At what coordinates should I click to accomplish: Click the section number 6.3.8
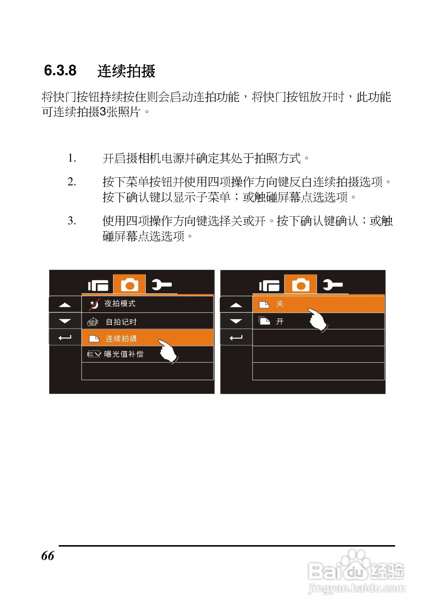tap(60, 70)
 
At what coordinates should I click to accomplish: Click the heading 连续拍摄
tap(126, 71)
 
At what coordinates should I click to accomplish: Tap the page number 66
tap(47, 556)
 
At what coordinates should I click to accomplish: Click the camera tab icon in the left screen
tap(129, 285)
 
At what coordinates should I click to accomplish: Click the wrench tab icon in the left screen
tap(161, 285)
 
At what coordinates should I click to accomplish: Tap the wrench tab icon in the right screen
tap(332, 285)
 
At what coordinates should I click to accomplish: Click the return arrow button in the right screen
tap(236, 338)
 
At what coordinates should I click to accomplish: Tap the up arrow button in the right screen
tap(236, 305)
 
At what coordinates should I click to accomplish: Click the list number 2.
tap(72, 182)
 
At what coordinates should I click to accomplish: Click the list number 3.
tap(72, 221)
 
